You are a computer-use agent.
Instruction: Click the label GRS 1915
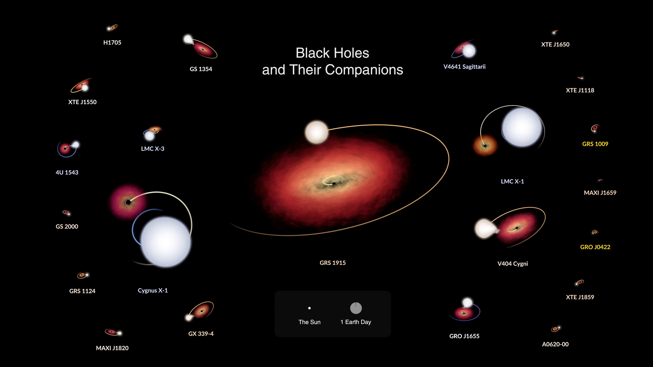tap(333, 263)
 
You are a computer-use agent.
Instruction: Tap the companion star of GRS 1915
tap(317, 132)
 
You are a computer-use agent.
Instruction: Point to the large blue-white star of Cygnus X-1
tap(165, 242)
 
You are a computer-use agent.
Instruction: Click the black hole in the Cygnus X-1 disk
tap(128, 202)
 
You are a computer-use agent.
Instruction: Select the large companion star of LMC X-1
tap(522, 127)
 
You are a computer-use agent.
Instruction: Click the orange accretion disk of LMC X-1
tap(485, 145)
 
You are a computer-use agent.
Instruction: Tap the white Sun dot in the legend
tap(309, 308)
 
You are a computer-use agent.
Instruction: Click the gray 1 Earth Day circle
tap(356, 308)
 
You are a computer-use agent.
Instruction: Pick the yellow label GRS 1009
tap(595, 144)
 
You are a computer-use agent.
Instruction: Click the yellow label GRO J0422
tap(595, 247)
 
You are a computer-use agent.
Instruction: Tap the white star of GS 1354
tap(188, 39)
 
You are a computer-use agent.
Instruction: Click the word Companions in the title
tap(364, 70)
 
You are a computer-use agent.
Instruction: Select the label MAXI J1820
tap(112, 348)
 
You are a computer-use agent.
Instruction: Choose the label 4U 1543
tap(67, 172)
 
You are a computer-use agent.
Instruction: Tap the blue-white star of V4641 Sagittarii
tap(469, 51)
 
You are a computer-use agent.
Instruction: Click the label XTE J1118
tap(580, 90)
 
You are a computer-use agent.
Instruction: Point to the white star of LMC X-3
tap(149, 136)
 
